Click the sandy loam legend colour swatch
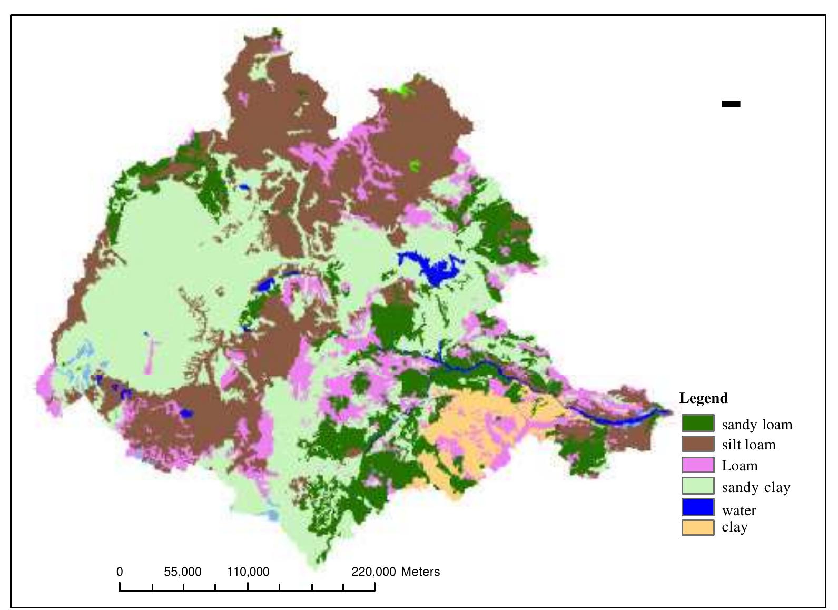coord(698,424)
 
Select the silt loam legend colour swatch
coord(698,444)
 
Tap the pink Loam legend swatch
coord(698,465)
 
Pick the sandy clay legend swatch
coord(698,486)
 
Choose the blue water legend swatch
coord(698,507)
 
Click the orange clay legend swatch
coord(698,527)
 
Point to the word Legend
coord(704,398)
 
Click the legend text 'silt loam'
coord(748,445)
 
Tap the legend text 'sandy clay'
coord(756,488)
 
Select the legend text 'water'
coord(739,510)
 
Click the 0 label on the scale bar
coord(120,572)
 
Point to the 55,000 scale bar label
coord(183,572)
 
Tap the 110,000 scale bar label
coord(248,572)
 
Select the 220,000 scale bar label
coord(373,572)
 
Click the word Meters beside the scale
coord(420,572)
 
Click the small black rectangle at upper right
coord(731,104)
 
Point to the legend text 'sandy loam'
coord(757,425)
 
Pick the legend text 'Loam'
coord(740,466)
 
